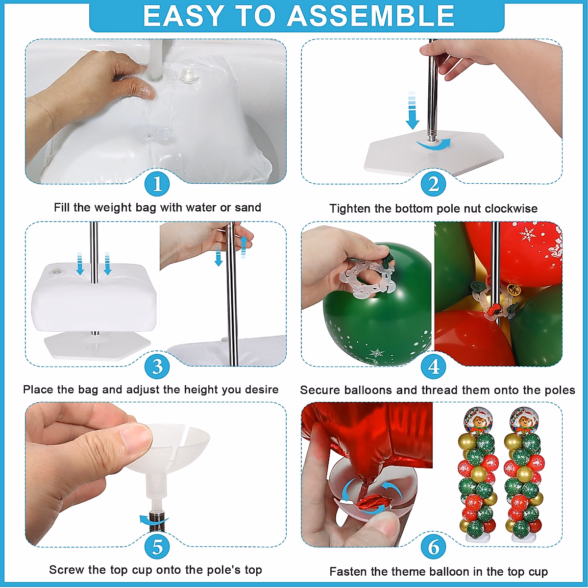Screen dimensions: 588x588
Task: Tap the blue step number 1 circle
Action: [157, 184]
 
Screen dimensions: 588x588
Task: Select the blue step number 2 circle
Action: [433, 184]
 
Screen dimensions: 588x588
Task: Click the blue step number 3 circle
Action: [157, 366]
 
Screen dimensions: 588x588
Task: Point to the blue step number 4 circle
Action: [433, 366]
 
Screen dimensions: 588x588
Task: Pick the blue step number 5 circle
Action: [157, 546]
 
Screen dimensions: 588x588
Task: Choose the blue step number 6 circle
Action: [433, 546]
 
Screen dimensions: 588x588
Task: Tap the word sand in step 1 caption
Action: [248, 207]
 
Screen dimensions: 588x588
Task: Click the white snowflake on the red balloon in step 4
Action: [527, 234]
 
